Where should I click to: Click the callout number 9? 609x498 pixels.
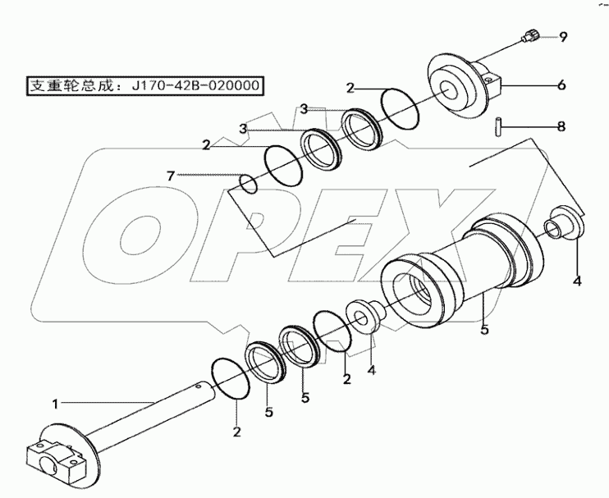coord(564,36)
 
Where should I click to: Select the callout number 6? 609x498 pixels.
coord(562,83)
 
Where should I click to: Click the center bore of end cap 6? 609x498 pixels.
coord(453,91)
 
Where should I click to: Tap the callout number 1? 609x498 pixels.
coord(55,403)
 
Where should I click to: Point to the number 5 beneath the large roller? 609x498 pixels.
coord(484,331)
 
